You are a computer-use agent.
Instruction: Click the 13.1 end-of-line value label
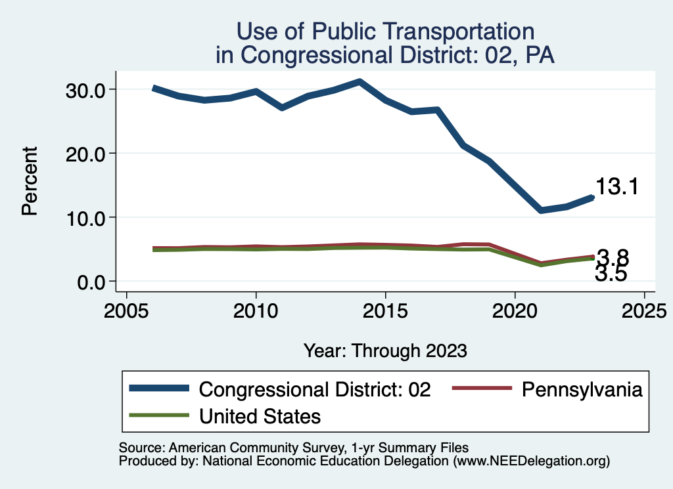[617, 187]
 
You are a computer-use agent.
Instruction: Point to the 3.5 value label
[611, 274]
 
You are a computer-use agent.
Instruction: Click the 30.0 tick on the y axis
[87, 90]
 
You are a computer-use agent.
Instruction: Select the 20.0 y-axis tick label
[87, 154]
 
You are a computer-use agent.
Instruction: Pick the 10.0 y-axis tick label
[87, 218]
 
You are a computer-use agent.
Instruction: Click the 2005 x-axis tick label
[126, 308]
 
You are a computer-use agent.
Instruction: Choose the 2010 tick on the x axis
[256, 308]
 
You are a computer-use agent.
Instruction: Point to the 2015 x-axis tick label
[385, 308]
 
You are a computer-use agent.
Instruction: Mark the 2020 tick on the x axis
[515, 308]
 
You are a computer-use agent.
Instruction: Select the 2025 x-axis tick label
[644, 308]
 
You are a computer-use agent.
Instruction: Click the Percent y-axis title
[29, 182]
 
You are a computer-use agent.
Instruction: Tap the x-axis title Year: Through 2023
[385, 351]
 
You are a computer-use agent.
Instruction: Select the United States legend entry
[260, 415]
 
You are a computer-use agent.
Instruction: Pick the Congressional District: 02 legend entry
[315, 389]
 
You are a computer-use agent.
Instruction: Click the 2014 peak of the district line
[360, 81]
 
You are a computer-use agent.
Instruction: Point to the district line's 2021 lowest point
[541, 210]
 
